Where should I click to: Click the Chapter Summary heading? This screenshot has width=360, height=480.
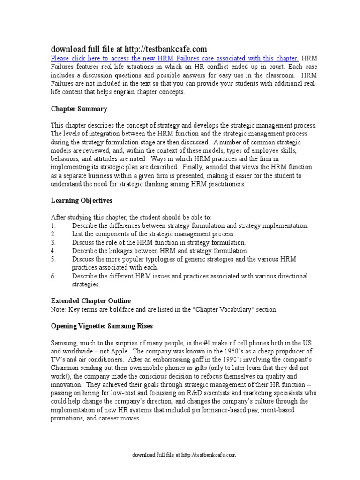point(79,109)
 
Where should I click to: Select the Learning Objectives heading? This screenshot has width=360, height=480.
point(82,200)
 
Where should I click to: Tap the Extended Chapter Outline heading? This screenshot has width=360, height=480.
point(91,300)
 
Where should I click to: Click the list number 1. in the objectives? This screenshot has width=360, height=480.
point(53,225)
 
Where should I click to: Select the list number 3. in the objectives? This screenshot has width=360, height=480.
point(53,242)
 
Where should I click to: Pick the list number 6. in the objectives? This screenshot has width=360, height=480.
point(53,276)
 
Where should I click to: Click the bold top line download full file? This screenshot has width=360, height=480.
point(128,49)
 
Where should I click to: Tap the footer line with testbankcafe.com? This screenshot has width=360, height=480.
point(184,455)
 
